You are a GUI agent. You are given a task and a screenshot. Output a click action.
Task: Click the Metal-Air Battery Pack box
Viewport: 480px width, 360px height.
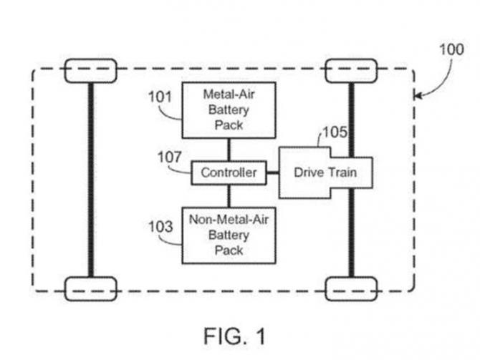click(229, 110)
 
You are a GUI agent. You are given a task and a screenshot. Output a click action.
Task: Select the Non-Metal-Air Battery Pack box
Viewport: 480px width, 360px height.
click(229, 234)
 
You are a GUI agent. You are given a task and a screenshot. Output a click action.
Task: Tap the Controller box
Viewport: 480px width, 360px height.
click(229, 172)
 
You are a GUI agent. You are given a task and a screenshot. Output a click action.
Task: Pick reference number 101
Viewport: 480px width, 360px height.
click(160, 95)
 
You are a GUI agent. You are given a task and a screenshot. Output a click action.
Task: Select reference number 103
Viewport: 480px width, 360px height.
click(160, 228)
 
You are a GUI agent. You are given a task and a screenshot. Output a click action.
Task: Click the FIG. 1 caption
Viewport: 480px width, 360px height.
click(234, 335)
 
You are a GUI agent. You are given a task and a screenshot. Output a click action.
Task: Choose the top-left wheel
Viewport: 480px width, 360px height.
click(90, 70)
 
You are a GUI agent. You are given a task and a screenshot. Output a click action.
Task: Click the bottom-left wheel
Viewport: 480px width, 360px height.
click(90, 288)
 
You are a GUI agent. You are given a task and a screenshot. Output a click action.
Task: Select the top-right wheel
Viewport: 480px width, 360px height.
click(351, 70)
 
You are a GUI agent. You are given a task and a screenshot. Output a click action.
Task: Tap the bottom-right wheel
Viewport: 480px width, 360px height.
click(351, 288)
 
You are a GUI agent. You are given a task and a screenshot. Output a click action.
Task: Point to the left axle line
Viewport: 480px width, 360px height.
click(90, 179)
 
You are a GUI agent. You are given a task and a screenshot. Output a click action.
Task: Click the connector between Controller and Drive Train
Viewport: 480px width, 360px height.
click(272, 172)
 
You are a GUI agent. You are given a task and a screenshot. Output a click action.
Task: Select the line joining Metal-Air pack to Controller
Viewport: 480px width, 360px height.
click(229, 150)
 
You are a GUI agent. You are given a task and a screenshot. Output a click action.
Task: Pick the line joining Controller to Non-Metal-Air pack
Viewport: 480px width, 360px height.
click(229, 195)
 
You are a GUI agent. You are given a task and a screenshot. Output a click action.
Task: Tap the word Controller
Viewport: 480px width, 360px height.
click(229, 172)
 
